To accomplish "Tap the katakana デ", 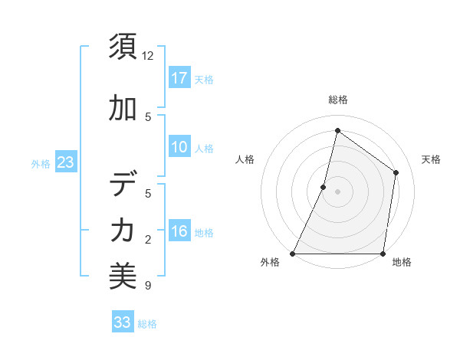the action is tap(123, 185).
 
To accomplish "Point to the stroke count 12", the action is tap(148, 56).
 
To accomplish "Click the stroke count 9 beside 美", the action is tap(148, 286).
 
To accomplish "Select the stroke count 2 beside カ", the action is tap(148, 240).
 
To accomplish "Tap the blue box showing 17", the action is tap(179, 78).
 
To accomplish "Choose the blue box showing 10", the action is tap(179, 147).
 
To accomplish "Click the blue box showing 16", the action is tap(179, 231).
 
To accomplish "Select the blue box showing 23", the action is tap(65, 162).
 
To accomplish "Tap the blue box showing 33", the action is tap(123, 322).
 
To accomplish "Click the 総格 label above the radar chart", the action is tap(337, 100).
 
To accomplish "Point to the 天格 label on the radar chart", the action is tap(431, 159).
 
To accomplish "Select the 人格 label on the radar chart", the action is tap(245, 159).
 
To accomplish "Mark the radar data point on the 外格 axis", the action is tap(293, 254).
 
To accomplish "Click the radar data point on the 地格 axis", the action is tap(383, 254).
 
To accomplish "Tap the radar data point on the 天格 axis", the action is tap(396, 172).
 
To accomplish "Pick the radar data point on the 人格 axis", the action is tap(324, 187).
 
